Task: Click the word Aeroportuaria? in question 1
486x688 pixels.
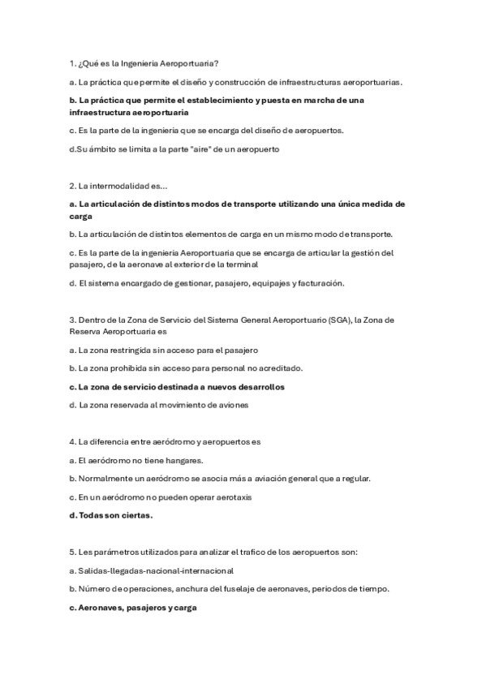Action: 190,62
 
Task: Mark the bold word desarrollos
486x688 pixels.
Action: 257,387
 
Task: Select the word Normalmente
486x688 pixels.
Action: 104,479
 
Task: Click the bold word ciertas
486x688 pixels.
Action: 135,514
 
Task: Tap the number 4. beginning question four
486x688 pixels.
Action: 73,442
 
